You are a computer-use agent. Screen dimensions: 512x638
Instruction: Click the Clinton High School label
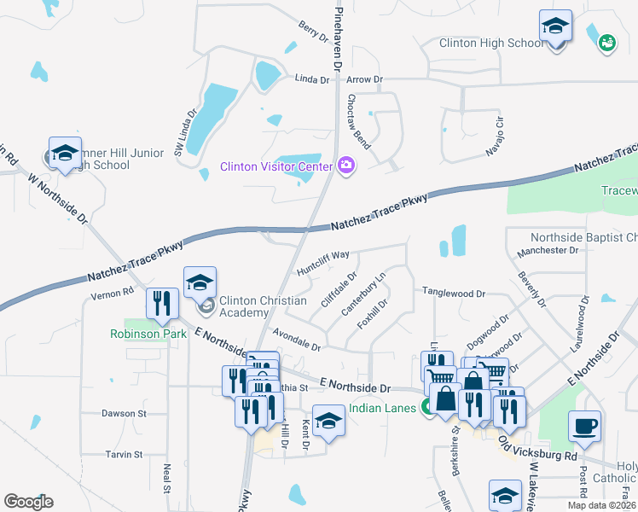point(490,43)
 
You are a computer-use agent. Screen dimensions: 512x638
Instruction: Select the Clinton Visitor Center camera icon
point(346,165)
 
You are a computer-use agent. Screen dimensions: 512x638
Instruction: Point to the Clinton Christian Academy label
point(263,306)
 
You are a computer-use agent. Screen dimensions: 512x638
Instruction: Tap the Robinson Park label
point(148,334)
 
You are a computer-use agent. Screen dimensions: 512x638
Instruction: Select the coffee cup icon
point(584,427)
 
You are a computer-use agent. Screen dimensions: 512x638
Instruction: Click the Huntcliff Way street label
point(323,263)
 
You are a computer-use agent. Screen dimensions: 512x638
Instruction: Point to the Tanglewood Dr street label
point(454,293)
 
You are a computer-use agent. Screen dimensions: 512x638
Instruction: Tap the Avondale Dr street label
point(296,340)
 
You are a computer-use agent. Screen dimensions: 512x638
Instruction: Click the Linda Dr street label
point(311,79)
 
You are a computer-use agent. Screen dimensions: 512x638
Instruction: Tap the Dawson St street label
point(124,413)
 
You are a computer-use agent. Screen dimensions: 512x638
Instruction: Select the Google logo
point(28,502)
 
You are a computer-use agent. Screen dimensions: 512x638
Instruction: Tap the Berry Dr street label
point(313,32)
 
